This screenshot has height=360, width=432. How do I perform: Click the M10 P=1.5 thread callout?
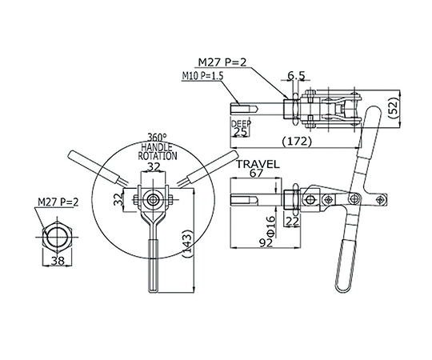tap(202, 76)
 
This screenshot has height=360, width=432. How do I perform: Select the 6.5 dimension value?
tap(296, 75)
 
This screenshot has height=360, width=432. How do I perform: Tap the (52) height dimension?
tap(394, 109)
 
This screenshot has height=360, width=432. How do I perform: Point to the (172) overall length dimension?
tap(297, 142)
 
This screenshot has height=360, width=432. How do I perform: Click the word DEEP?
tap(241, 124)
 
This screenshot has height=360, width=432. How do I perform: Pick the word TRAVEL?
tap(258, 165)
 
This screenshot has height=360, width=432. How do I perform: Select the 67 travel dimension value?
tap(256, 174)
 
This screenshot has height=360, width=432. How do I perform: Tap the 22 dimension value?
tap(292, 221)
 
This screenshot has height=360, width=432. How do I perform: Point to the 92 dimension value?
tap(266, 242)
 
